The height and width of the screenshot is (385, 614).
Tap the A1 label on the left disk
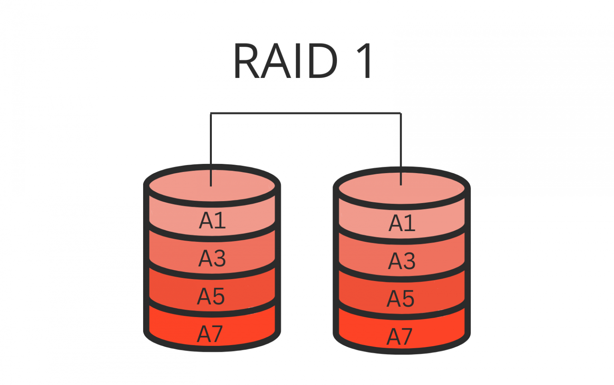pos(212,220)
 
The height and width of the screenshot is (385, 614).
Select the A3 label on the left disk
pos(212,258)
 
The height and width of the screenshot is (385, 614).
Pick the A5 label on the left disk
pos(211,296)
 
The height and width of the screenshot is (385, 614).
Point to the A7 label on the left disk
pos(210,334)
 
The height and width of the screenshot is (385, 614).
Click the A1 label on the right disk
pos(402,223)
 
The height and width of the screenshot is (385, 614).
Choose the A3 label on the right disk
pos(402,261)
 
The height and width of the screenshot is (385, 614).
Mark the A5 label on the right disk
pos(401,299)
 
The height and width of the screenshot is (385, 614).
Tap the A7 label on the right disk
pos(399,337)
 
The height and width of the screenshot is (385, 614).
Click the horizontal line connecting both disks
pos(306,114)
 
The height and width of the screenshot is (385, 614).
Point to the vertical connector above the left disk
pos(211,140)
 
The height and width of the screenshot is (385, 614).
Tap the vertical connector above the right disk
pos(401,140)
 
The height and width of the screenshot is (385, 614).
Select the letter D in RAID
pos(322,61)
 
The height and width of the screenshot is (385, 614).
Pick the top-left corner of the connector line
pos(211,114)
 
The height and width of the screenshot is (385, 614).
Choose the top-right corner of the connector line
pos(401,114)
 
